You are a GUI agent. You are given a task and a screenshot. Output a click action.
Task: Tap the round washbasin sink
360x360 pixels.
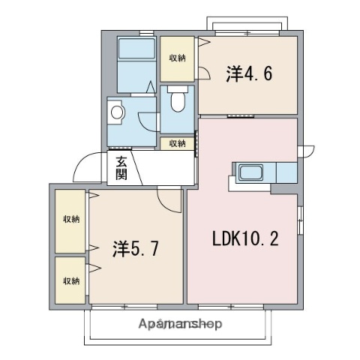(x=116, y=113)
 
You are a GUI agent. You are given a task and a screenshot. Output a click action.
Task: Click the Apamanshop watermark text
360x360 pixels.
(x=181, y=324)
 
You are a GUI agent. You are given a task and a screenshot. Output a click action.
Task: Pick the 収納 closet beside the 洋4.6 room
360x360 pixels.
(x=177, y=58)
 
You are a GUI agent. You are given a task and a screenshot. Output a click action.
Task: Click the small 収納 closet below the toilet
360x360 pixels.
(x=177, y=142)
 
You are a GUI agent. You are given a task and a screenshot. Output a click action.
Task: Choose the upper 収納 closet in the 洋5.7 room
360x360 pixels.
(x=71, y=219)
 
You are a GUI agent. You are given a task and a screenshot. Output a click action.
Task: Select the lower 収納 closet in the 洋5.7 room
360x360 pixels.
(x=71, y=280)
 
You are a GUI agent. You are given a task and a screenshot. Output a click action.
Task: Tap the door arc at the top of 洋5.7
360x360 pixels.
(x=169, y=199)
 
